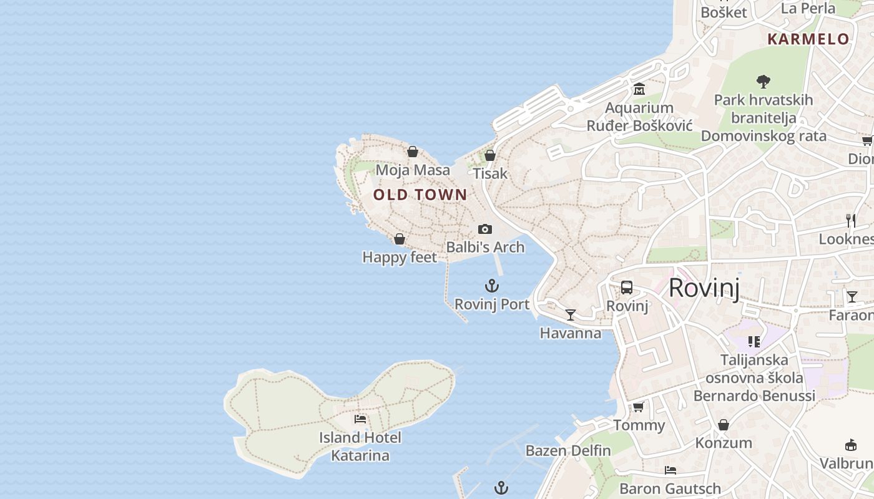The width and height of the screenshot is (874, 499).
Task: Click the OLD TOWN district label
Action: [x=420, y=195]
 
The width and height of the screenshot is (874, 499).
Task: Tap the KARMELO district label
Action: [x=808, y=39]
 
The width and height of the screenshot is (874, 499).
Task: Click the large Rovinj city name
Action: [x=704, y=288]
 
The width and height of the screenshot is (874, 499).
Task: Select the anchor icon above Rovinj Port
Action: [x=492, y=286]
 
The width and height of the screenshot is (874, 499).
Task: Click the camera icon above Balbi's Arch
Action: [x=485, y=230]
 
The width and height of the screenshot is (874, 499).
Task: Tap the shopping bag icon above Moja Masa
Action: [x=413, y=152]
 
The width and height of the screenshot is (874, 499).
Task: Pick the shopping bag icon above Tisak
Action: [x=490, y=155]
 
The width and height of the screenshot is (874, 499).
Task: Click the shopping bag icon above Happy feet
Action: [x=400, y=239]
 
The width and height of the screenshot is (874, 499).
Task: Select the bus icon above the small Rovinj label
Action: [x=627, y=288]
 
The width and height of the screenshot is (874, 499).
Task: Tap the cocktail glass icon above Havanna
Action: [x=571, y=314]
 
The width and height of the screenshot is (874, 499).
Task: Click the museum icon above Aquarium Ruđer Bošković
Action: [x=639, y=89]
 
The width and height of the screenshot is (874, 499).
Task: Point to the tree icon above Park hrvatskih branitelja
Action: [x=763, y=81]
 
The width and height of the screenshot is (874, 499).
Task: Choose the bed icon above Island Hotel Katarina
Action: [x=360, y=419]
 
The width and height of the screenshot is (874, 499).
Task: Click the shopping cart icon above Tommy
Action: [x=639, y=407]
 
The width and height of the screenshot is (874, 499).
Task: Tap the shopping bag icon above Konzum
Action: [x=724, y=425]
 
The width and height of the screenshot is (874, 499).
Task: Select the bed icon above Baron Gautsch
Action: [x=670, y=470]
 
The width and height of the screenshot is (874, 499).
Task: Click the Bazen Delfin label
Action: [x=568, y=450]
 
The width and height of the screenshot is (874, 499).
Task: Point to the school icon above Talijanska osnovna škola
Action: [x=754, y=342]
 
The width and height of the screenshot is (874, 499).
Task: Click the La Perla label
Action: [x=808, y=8]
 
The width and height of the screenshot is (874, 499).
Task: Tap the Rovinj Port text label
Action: [x=492, y=304]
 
